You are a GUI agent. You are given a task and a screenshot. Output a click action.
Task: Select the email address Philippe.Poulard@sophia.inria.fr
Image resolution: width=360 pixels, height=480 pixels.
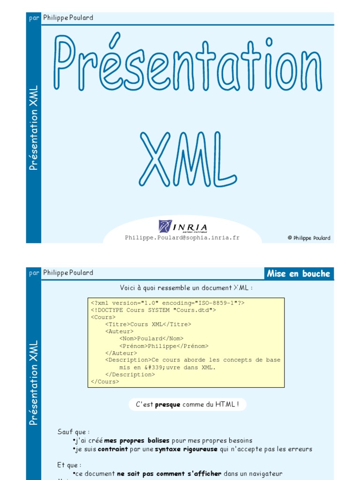[x=182, y=238]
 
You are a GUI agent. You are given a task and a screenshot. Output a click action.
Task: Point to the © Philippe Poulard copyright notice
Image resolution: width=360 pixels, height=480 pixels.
[x=308, y=238]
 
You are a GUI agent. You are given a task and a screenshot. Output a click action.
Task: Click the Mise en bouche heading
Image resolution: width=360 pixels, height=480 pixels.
[x=298, y=274]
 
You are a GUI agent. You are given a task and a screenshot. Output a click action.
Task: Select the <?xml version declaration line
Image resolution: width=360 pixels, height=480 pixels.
[x=167, y=303]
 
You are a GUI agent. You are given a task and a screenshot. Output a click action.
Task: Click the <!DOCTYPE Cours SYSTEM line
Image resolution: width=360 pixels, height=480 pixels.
[x=153, y=310]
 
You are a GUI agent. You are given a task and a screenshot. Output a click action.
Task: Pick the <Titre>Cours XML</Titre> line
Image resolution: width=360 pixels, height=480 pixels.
[x=148, y=324]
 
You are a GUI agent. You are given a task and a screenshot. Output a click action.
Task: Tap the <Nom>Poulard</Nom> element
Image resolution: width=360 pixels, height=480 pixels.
[x=151, y=338]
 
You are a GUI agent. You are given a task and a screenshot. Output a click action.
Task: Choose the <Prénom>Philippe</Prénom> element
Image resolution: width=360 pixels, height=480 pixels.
[x=164, y=346]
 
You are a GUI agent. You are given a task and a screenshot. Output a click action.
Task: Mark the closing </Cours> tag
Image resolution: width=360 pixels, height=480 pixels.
[x=105, y=382]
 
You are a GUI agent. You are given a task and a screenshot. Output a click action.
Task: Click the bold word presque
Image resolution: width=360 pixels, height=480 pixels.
[x=167, y=405]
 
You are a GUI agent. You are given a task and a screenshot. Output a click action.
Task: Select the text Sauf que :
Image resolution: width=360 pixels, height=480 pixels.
[x=74, y=432]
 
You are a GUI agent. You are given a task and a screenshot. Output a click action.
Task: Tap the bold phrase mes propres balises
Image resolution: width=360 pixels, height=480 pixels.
[x=137, y=441]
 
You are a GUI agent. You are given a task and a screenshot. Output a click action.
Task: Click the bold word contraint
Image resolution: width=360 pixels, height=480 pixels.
[x=112, y=449]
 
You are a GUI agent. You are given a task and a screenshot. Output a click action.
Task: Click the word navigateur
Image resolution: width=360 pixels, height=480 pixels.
[x=263, y=474]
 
